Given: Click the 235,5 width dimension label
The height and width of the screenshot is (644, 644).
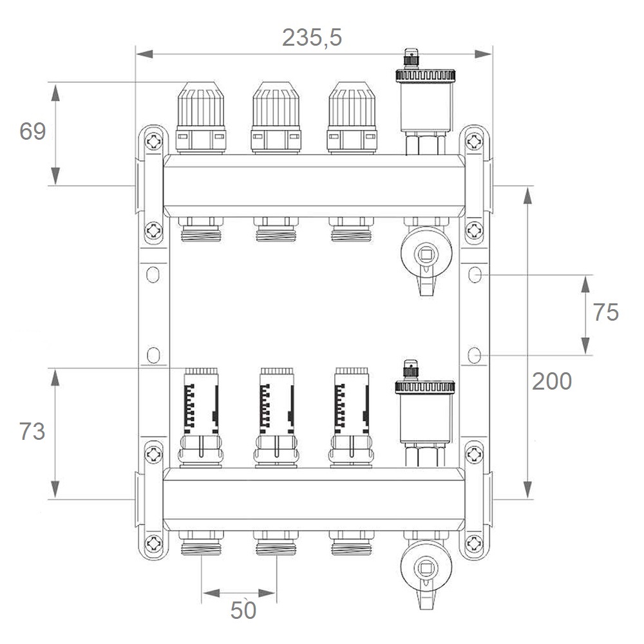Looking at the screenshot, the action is [x=312, y=38].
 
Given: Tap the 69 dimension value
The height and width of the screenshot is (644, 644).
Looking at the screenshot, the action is [x=32, y=131].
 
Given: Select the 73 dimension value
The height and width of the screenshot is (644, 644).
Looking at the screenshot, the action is [x=32, y=431].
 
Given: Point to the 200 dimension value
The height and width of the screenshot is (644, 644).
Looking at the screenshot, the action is [x=552, y=381].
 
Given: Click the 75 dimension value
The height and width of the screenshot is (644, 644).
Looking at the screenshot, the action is [x=605, y=312].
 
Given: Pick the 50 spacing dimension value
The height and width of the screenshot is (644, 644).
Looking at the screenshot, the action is [x=243, y=611].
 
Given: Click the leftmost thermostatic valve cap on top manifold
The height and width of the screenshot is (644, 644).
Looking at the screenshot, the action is [x=201, y=118].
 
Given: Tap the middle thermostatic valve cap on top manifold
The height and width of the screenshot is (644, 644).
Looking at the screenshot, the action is [x=276, y=118].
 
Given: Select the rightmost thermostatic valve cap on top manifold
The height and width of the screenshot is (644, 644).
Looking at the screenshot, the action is [x=352, y=118].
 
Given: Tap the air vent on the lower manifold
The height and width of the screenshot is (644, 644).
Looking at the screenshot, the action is [x=424, y=413].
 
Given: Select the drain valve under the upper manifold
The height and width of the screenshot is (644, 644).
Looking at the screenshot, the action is [x=426, y=257].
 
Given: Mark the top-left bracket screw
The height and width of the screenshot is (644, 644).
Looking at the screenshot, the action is [x=154, y=142].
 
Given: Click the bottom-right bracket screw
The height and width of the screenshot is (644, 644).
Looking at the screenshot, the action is [x=474, y=544].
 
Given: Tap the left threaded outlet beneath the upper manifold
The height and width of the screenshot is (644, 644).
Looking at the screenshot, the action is [x=201, y=229].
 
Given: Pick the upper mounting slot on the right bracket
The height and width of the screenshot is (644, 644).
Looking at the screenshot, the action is [x=475, y=275].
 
